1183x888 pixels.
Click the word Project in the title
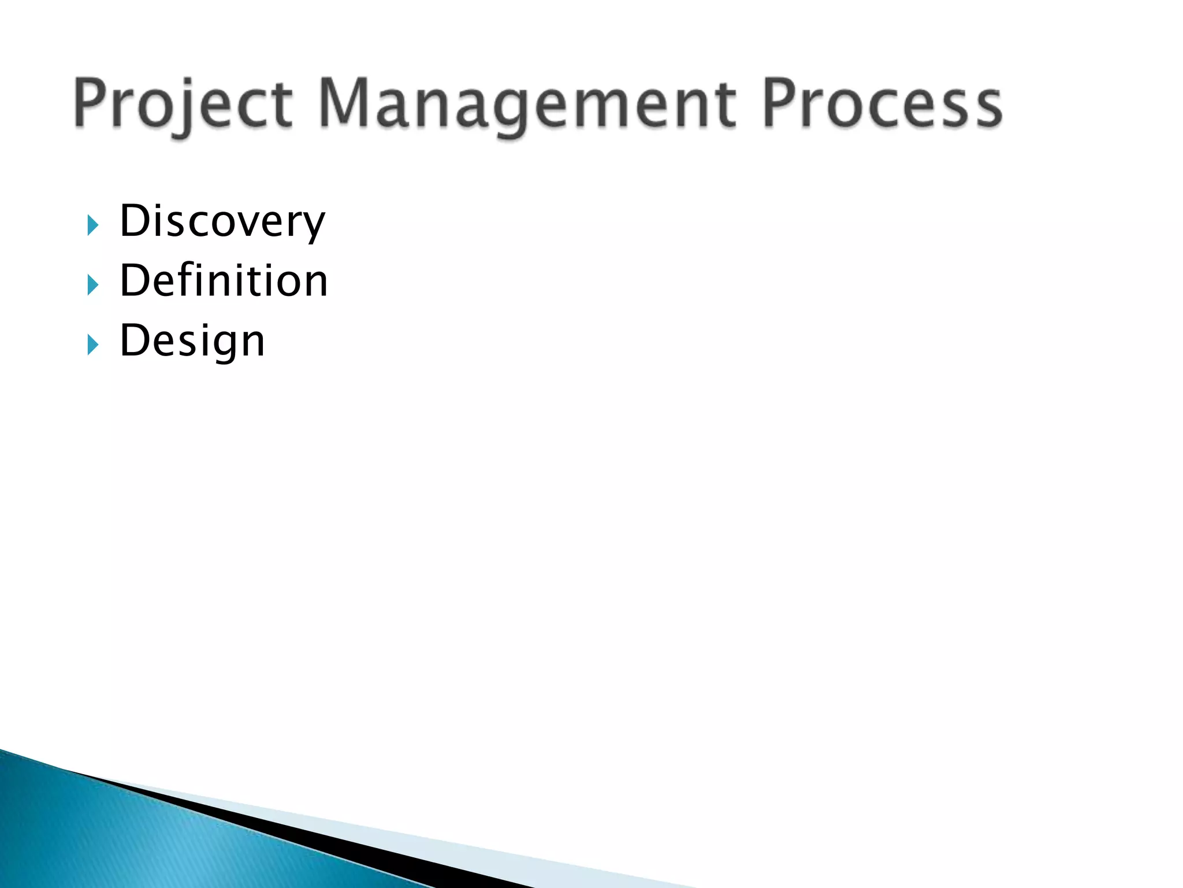tap(183, 104)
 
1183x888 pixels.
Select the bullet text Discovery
tap(222, 221)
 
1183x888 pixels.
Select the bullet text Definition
tap(224, 281)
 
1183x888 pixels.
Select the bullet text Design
tap(192, 341)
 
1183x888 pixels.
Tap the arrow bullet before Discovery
tap(92, 225)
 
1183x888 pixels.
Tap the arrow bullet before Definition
tap(92, 285)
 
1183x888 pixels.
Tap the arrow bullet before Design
tap(92, 345)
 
